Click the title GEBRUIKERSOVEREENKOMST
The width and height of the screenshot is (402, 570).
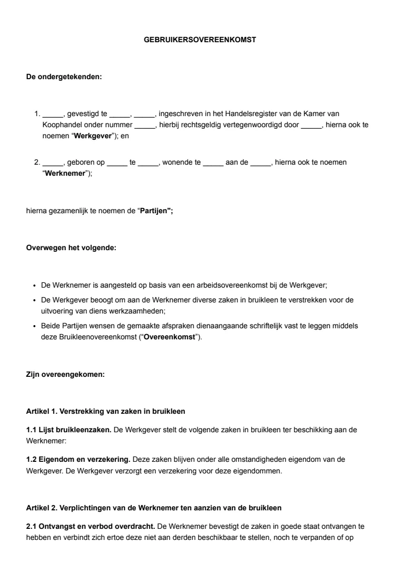[x=200, y=40]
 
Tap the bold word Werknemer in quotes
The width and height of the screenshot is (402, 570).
[x=63, y=174]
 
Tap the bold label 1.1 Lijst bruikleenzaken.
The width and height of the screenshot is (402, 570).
[x=68, y=430]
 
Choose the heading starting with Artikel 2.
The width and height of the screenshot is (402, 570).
[x=153, y=508]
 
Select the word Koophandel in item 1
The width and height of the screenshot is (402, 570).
[x=61, y=125]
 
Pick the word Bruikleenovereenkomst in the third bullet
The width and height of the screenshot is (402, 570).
[x=92, y=337]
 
